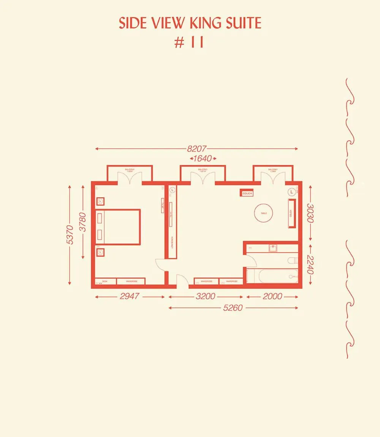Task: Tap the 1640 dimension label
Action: (203, 158)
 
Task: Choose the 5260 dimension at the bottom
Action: (233, 308)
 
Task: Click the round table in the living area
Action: (264, 213)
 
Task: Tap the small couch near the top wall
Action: (246, 193)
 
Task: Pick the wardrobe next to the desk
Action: (130, 281)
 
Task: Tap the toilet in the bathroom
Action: (292, 261)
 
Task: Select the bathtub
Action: (272, 276)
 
